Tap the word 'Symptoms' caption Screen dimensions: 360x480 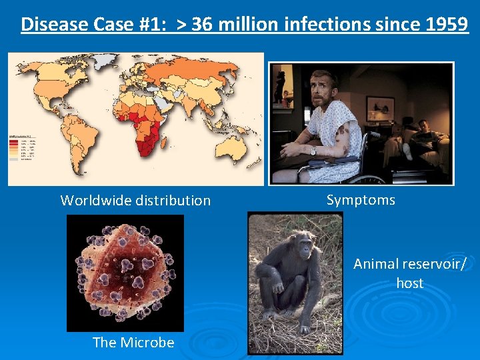(361, 200)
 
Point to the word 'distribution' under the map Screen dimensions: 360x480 (175, 200)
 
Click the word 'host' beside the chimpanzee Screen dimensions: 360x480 (409, 283)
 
